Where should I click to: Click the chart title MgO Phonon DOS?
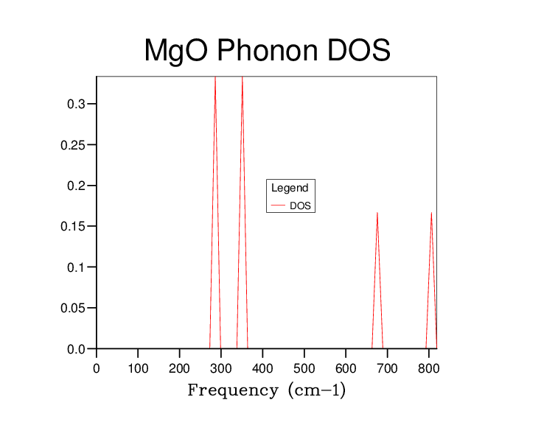click(268, 51)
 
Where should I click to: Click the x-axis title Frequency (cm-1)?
click(267, 390)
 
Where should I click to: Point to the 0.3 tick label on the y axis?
click(76, 104)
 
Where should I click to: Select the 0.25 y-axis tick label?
click(73, 145)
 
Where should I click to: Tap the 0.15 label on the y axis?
click(73, 227)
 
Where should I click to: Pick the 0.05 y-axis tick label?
click(73, 308)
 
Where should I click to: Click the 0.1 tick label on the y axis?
click(76, 267)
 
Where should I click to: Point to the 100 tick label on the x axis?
click(138, 368)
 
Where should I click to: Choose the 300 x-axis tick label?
click(221, 368)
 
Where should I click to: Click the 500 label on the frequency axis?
click(304, 368)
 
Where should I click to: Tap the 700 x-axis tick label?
click(387, 368)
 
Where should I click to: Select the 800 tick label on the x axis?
click(429, 368)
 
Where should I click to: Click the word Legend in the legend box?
click(290, 188)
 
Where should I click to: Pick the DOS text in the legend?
click(300, 206)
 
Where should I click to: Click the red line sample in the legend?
click(279, 206)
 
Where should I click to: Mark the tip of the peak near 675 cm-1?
click(377, 213)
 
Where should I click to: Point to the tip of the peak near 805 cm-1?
click(432, 213)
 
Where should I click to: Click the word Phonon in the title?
click(268, 50)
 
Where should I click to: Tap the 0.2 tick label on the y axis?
click(76, 186)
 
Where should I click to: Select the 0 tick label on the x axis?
click(97, 368)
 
